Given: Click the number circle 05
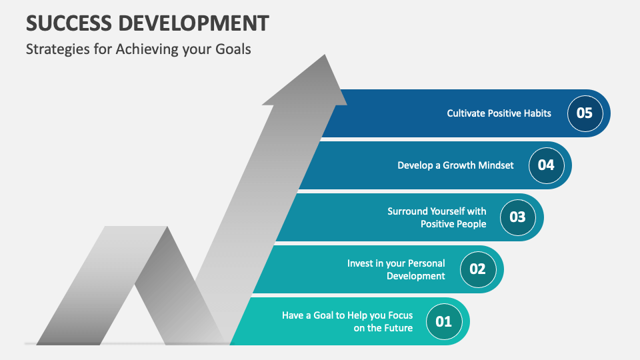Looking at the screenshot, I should tap(585, 113).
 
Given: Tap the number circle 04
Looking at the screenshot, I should tap(546, 165).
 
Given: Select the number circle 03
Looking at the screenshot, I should tap(517, 217).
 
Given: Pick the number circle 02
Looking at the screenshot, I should tap(478, 269).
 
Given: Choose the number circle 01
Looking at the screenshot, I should tap(444, 321).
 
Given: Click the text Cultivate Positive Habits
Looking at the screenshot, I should tap(499, 113).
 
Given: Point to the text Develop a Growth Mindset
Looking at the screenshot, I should tap(455, 165).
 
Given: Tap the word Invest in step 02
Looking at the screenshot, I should tap(359, 263).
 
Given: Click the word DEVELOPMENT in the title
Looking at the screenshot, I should tap(194, 23).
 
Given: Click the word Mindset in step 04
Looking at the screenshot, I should tap(496, 165).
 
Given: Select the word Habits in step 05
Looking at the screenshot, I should tap(536, 113).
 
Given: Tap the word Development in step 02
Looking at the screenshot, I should tap(416, 276).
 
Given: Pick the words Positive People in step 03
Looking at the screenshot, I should tap(453, 224).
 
